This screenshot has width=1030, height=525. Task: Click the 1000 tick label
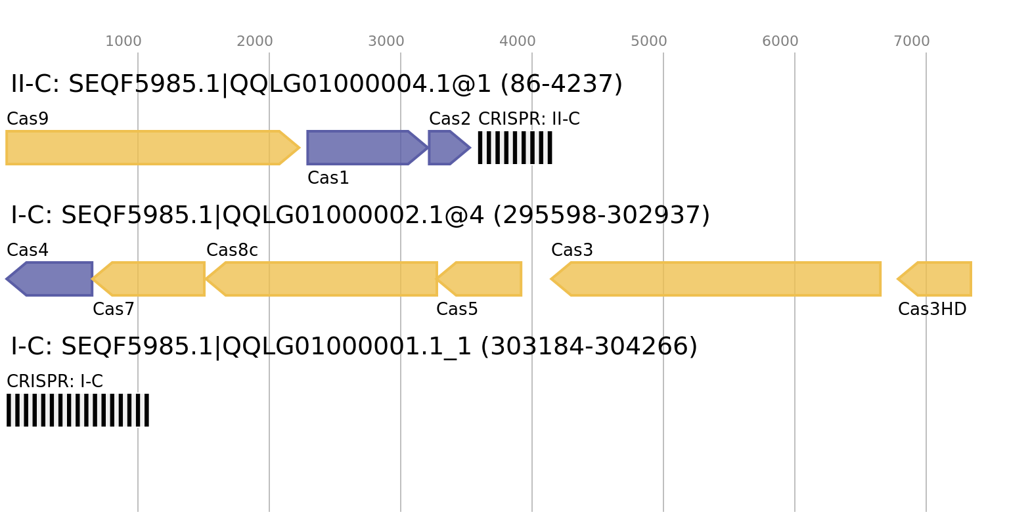click(123, 41)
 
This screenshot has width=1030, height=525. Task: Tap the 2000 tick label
click(255, 41)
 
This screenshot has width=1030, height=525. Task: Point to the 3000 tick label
click(386, 41)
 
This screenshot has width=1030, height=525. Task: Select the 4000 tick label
click(518, 41)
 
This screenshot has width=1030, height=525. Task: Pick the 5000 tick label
click(649, 41)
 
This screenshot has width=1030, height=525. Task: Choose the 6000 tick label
click(780, 41)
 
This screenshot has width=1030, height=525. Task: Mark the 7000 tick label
click(912, 41)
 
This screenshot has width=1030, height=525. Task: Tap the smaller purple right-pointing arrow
click(447, 148)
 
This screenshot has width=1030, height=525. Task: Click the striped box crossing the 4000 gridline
click(515, 148)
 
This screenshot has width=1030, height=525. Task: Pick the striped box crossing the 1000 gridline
click(78, 410)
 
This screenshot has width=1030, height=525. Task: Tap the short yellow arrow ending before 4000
click(483, 279)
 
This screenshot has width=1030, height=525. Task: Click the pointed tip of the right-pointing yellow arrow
click(300, 148)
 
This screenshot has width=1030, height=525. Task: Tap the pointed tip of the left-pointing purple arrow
click(7, 279)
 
